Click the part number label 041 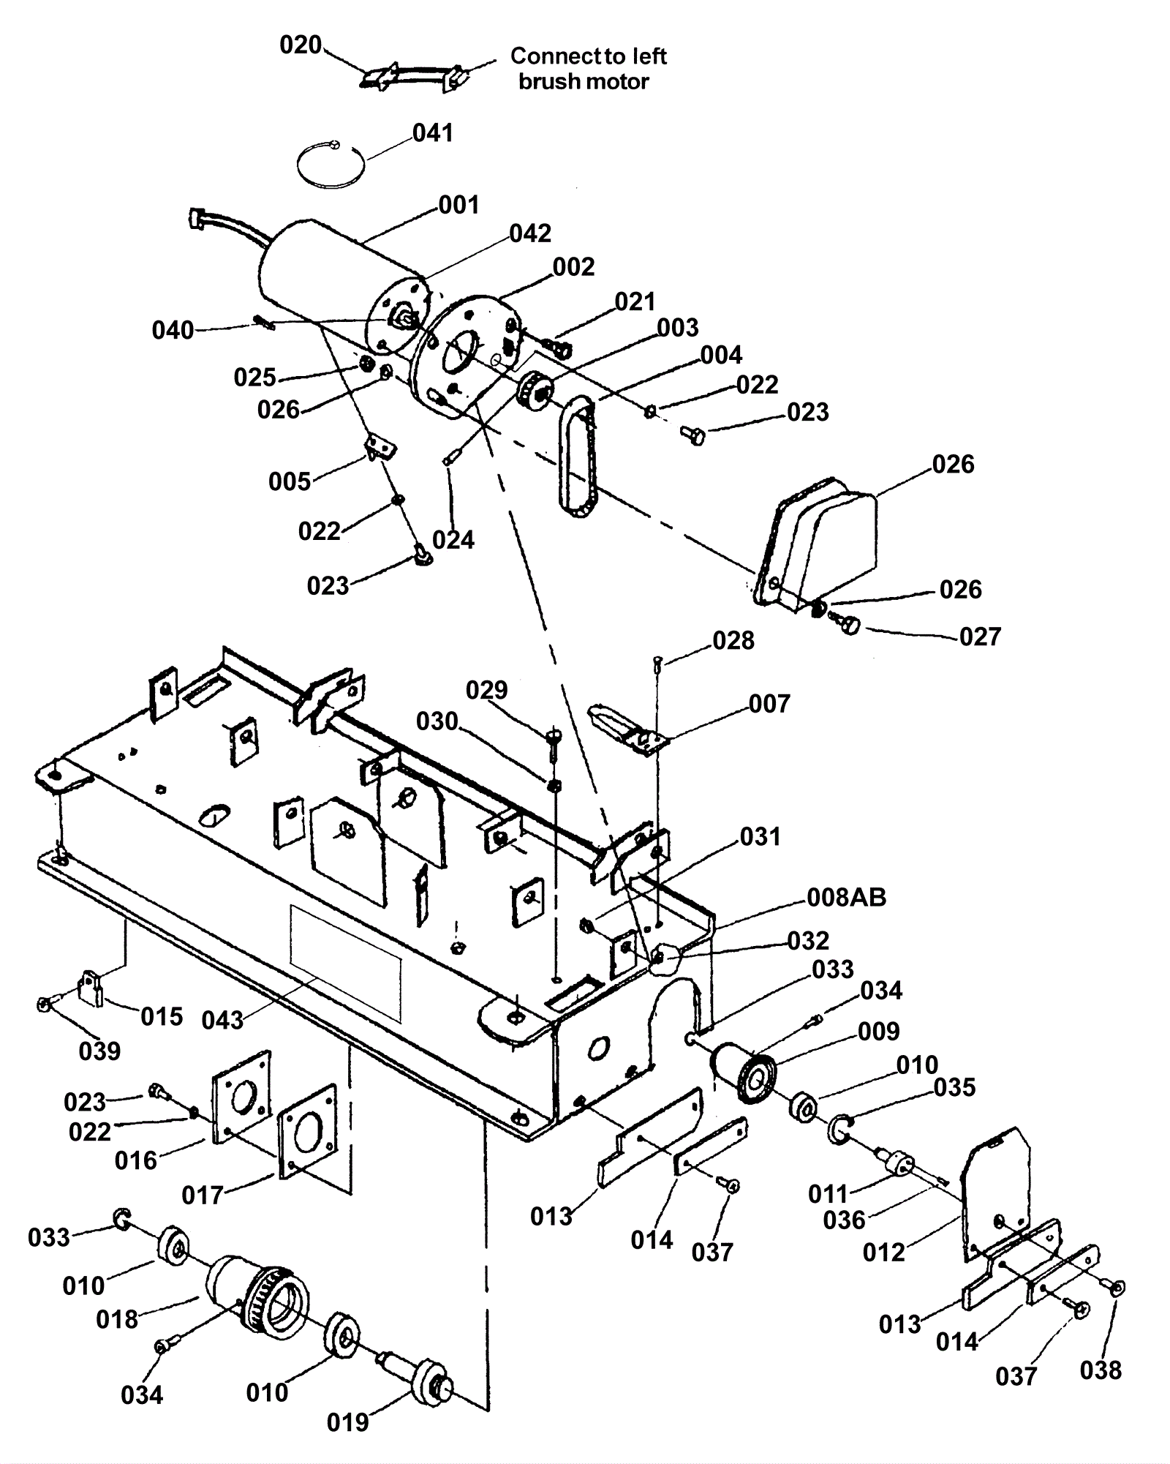coord(433,133)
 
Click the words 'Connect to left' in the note coord(588,56)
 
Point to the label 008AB coord(846,897)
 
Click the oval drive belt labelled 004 coord(578,457)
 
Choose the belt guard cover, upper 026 coord(816,541)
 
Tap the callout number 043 coord(222,1021)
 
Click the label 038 coord(1101,1370)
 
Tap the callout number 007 coord(769,704)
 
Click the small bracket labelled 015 coord(92,988)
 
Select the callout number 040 coord(173,331)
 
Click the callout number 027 coord(980,637)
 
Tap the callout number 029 coord(487,690)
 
